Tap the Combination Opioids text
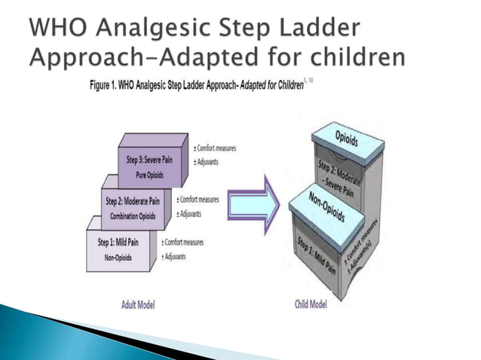coord(134,215)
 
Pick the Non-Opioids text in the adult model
coord(118,258)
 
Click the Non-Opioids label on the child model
coord(326,206)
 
